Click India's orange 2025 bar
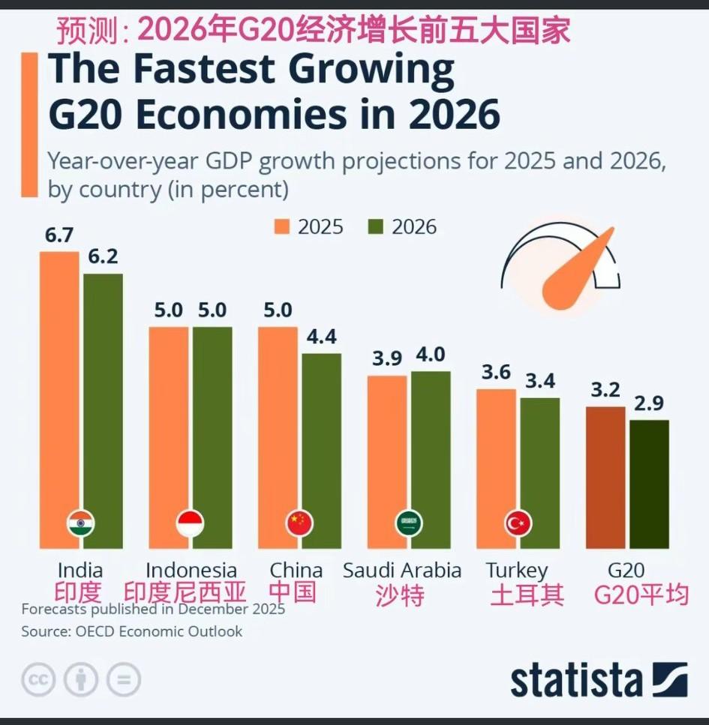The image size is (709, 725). coord(59,390)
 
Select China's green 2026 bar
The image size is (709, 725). coord(321,450)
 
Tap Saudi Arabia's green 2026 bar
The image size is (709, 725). coord(431,450)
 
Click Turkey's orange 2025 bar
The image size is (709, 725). coord(496,457)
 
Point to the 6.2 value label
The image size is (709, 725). coord(102,256)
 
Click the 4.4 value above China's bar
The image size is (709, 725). coord(321,336)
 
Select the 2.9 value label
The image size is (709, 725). coord(649,403)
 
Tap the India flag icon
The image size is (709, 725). coord(80,523)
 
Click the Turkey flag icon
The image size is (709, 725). coord(518,523)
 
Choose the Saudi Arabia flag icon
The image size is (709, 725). coord(409,523)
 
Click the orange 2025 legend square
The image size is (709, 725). coord(282,227)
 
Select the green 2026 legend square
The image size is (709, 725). coord(375,227)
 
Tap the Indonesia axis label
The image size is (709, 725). coord(191,571)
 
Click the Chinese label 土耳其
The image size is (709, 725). coord(527,595)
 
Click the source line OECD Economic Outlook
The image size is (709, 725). coord(131,631)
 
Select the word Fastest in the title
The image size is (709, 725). coord(194,70)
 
